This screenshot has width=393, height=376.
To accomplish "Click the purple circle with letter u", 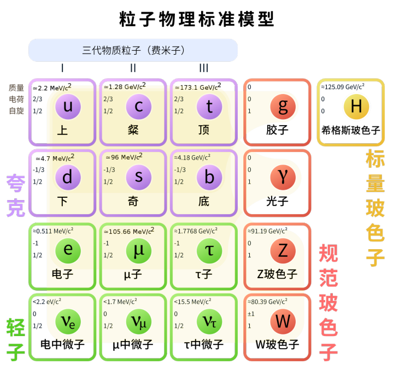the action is point(68,107).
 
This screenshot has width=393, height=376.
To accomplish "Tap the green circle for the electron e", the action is point(68,251).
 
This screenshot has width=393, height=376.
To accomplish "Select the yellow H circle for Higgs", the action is point(356,107).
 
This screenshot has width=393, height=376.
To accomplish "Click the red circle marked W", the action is point(283,321).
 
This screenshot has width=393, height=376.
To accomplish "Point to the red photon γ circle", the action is point(283,177).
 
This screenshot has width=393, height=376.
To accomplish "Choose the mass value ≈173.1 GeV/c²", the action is point(198,87).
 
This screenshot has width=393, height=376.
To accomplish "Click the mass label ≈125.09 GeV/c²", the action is point(343,87).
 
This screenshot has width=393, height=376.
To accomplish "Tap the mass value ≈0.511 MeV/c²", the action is point(53,231).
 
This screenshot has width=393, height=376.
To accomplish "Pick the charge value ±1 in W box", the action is point(251,314).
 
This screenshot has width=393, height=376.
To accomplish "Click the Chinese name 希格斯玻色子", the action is point(351,131).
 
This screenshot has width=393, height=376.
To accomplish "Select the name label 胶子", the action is point(277,130).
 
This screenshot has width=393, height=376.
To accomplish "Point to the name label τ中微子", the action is point(203,344).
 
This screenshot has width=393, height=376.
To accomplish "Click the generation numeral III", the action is point(203,68).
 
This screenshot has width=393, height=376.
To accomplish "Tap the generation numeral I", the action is point(62,68).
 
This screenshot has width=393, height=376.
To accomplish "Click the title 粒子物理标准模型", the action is point(197,19).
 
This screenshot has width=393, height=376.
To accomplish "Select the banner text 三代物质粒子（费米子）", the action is point(133,50).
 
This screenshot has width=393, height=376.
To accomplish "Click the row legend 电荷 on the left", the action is point(16,99).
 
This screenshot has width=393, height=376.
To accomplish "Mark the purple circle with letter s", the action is point(139,177).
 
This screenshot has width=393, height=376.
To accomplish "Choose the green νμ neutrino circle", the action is point(139,321).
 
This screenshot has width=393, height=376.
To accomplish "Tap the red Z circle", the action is point(283,251).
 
